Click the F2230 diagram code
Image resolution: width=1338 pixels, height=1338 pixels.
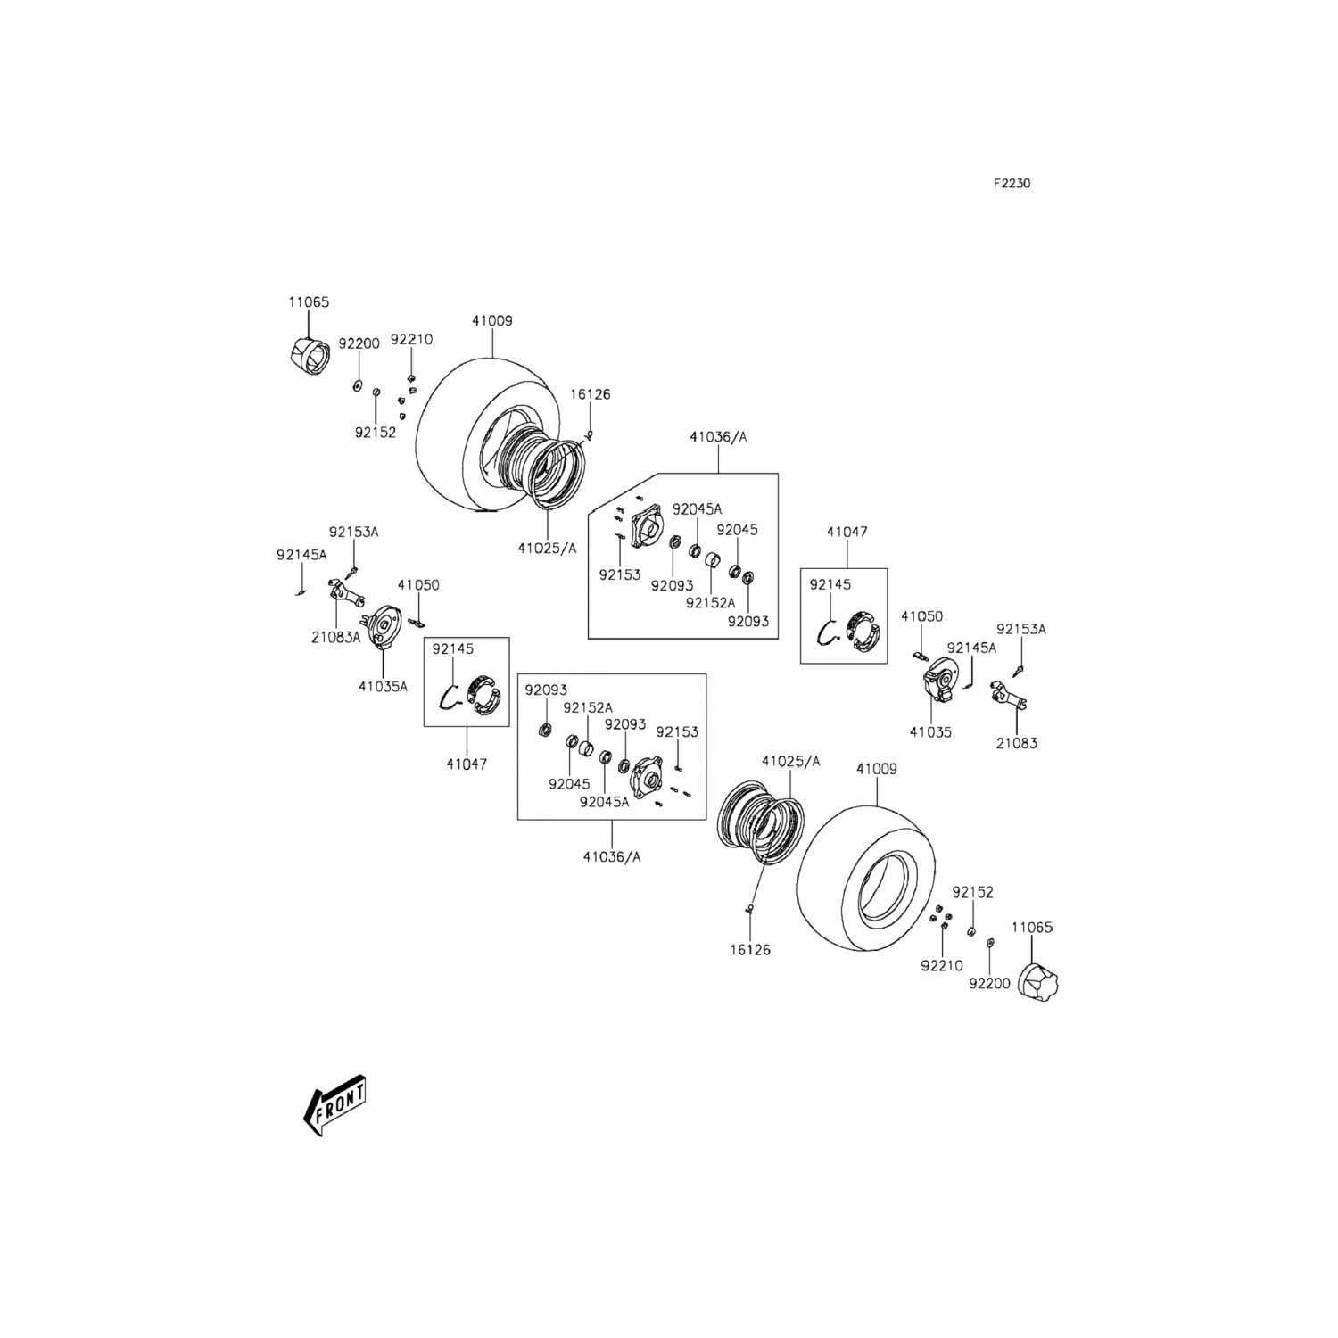[x=1012, y=184]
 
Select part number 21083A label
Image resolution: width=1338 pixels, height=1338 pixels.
[x=336, y=637]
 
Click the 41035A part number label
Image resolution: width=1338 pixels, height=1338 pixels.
[x=383, y=686]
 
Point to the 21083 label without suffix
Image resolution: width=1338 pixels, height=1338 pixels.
[x=1016, y=742]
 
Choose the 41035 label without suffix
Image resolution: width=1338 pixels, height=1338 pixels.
[x=930, y=731]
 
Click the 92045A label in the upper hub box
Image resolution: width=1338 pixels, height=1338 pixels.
[x=697, y=509]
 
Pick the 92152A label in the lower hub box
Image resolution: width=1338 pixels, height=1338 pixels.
[x=588, y=707]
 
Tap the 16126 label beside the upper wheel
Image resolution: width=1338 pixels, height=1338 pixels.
[x=590, y=394]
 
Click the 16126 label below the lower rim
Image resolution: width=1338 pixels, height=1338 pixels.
[x=749, y=950]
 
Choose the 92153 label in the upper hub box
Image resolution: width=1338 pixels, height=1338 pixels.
[x=620, y=574]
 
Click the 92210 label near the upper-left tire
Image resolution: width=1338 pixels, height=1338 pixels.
[x=411, y=340]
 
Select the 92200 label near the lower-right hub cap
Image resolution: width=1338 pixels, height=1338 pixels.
[x=989, y=984]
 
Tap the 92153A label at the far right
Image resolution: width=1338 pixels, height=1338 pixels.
[x=1021, y=629]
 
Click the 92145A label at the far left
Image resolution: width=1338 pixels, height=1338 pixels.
[x=301, y=554]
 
